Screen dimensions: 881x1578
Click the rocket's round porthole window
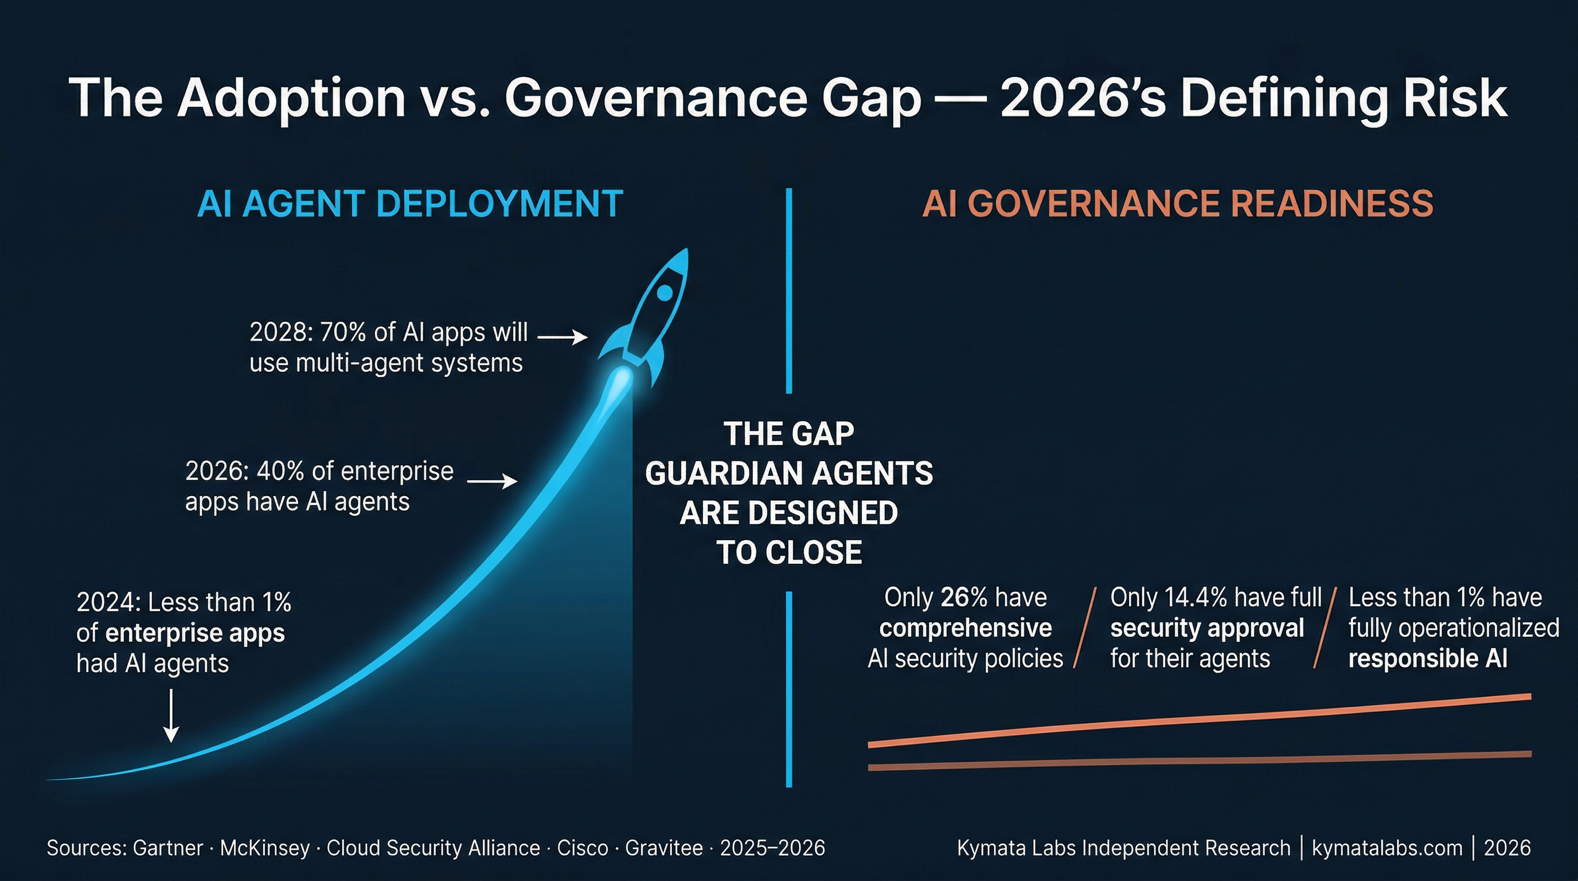[664, 293]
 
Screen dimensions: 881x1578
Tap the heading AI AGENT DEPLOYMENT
[410, 204]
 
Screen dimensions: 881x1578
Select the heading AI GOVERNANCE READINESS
[1177, 204]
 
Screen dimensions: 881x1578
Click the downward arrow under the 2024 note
[171, 716]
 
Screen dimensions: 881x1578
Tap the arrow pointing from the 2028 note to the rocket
[562, 336]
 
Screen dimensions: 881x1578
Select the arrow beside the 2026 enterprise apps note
[492, 482]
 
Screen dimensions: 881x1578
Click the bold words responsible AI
[1427, 658]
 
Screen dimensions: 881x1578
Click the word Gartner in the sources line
[168, 848]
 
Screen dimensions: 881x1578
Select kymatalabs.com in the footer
[1387, 848]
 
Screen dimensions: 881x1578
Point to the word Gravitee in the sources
[663, 848]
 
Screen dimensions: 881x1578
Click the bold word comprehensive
[966, 628]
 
